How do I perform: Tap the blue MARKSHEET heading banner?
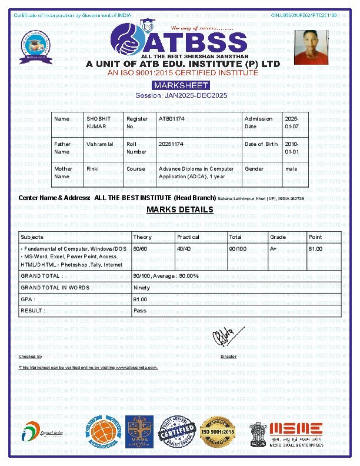pyautogui.click(x=181, y=85)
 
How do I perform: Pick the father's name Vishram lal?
pyautogui.click(x=100, y=144)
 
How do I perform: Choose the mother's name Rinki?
pyautogui.click(x=92, y=169)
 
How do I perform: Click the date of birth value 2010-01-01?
pyautogui.click(x=292, y=148)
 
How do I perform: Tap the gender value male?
pyautogui.click(x=291, y=169)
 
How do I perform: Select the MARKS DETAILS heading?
pyautogui.click(x=180, y=209)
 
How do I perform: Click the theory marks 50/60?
pyautogui.click(x=140, y=249)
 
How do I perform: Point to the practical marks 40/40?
pyautogui.click(x=184, y=249)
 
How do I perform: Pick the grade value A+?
pyautogui.click(x=274, y=249)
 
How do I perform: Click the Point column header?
pyautogui.click(x=315, y=237)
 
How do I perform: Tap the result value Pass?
pyautogui.click(x=140, y=310)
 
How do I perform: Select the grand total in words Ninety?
pyautogui.click(x=142, y=288)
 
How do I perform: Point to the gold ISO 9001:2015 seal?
pyautogui.click(x=218, y=433)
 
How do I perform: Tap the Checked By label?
pyautogui.click(x=31, y=357)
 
